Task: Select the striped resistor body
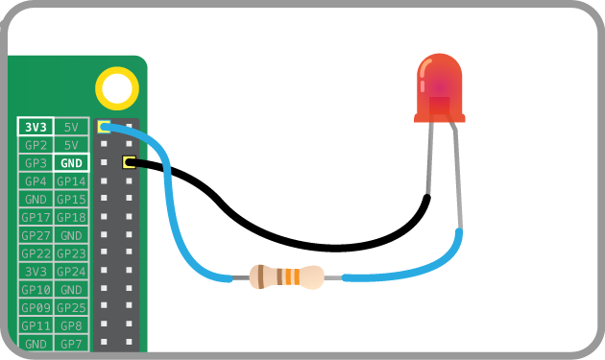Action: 287,277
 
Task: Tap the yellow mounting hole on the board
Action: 117,88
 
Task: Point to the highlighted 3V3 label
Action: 36,127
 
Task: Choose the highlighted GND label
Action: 71,163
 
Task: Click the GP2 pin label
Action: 36,145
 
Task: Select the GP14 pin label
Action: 71,181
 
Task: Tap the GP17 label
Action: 36,217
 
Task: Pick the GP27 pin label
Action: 36,235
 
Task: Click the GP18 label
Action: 71,217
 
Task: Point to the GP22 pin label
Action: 36,253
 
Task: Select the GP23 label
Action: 71,253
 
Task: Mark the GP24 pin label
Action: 71,272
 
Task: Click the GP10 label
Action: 36,289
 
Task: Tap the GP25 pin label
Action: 71,307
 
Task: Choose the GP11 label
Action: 36,325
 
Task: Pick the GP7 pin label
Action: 71,343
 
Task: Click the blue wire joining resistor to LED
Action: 413,275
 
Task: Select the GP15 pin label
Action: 71,199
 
